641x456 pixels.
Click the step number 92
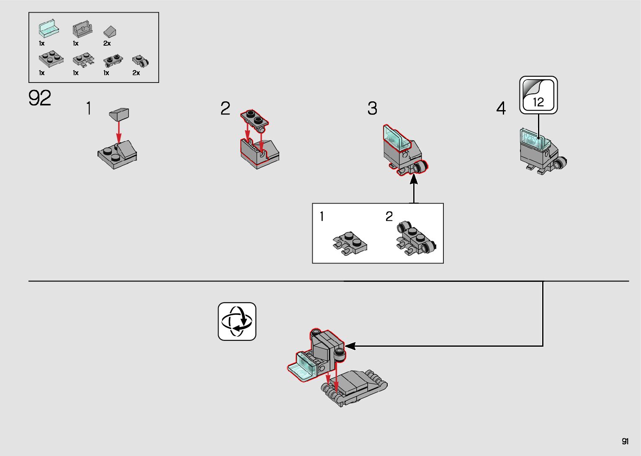(x=40, y=98)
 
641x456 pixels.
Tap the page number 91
(x=625, y=441)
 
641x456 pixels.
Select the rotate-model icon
(x=237, y=321)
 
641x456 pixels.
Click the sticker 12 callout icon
(x=538, y=95)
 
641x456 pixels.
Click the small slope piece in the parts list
(x=110, y=31)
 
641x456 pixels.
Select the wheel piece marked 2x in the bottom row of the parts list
(x=141, y=61)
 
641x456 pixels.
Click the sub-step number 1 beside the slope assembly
(x=89, y=108)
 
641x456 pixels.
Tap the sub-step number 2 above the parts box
(x=225, y=108)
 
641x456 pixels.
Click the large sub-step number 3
(x=372, y=108)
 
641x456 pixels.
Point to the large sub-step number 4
(x=501, y=108)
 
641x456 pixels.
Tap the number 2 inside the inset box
(x=389, y=216)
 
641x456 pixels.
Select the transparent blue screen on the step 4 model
(x=534, y=139)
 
